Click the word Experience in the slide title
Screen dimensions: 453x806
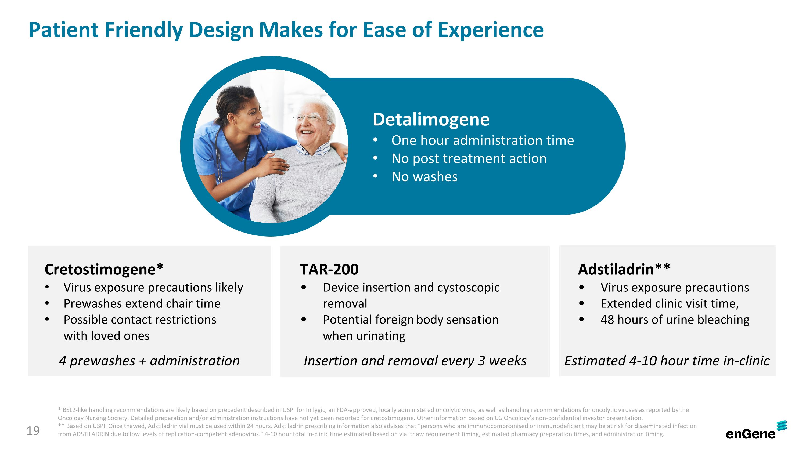490,30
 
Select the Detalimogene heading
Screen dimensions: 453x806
431,119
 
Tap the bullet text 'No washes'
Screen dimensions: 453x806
424,177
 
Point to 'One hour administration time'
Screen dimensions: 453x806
483,140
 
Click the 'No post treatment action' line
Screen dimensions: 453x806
469,158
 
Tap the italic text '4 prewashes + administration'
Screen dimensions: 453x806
149,361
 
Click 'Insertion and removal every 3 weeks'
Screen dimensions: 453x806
415,361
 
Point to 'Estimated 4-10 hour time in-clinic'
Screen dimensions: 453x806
667,361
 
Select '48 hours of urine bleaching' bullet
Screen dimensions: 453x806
675,320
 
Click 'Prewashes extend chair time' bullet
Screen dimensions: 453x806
142,303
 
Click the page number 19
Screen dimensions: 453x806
33,431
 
